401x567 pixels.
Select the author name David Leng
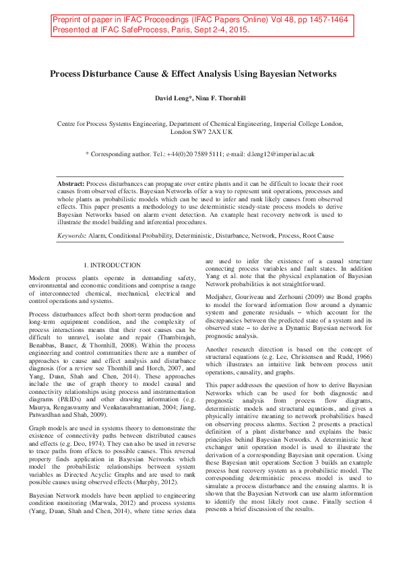coord(172,99)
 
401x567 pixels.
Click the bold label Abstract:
coord(71,184)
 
